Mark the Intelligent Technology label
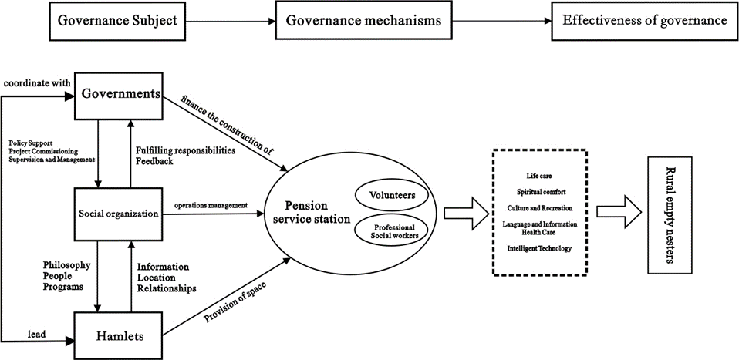tap(539, 249)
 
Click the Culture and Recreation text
tap(539, 208)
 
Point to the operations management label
tap(211, 206)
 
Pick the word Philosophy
tap(68, 266)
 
